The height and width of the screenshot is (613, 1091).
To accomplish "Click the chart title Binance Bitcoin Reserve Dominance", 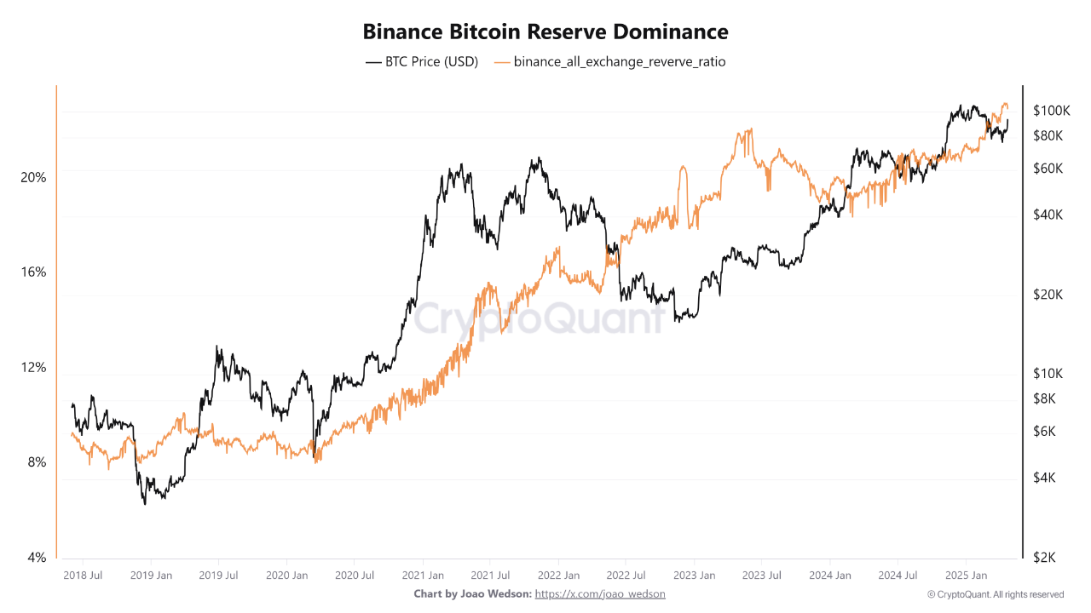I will pos(545,32).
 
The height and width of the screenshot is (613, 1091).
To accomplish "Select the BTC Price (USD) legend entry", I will pos(422,62).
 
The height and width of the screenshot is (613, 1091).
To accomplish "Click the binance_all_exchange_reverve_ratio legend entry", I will pos(609,62).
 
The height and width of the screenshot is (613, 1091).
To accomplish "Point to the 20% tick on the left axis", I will pos(34,177).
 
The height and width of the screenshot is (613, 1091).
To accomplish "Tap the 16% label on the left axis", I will pos(34,272).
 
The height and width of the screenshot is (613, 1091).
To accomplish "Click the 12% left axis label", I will pos(34,368).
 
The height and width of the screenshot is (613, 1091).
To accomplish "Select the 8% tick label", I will pos(37,462).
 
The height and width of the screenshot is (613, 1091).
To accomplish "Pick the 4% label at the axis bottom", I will pos(37,558).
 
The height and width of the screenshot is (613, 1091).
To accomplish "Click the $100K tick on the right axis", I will pos(1051,111).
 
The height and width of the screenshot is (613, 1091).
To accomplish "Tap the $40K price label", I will pos(1048,215).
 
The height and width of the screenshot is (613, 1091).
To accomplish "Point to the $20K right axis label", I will pos(1048,295).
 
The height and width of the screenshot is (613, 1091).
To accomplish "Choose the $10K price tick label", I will pos(1048,374).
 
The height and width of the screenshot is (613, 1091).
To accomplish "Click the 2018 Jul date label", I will pos(83,576).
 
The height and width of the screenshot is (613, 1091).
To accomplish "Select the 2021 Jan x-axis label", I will pos(424,576).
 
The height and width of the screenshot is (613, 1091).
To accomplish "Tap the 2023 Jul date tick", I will pos(762,576).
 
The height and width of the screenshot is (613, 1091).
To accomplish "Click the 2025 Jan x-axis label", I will pos(967,576).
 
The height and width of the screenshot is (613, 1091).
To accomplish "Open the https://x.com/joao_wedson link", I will pos(600,593).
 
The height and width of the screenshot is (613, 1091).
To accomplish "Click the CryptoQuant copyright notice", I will pos(995,594).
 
